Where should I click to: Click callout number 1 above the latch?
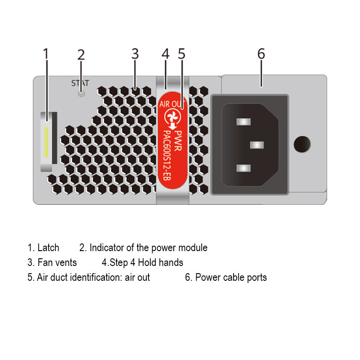[x=45, y=54]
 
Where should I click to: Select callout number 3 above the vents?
[x=135, y=54]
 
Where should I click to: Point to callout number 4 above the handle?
[x=165, y=54]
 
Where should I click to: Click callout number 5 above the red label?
[x=181, y=54]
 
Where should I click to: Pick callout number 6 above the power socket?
[x=261, y=54]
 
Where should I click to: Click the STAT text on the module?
[x=81, y=83]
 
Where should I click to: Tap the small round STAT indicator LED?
[x=81, y=94]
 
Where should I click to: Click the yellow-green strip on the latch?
[x=46, y=142]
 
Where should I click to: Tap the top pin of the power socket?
[x=242, y=121]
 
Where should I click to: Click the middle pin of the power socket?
[x=256, y=145]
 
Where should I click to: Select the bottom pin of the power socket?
[x=242, y=168]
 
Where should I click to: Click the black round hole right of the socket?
[x=302, y=144]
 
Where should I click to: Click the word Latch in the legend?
[x=48, y=247]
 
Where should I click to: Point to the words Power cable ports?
[x=231, y=277]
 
